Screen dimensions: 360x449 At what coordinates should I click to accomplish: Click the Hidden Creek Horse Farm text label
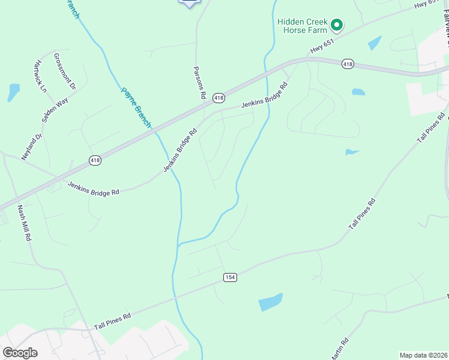302,26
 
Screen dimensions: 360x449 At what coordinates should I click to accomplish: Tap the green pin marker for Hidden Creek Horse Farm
337,25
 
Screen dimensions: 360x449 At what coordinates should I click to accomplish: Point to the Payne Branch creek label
136,107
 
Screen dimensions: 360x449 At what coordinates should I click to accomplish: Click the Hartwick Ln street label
41,76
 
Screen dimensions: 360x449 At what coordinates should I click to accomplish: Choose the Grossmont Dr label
65,71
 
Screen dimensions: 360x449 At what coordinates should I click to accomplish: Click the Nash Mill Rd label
23,223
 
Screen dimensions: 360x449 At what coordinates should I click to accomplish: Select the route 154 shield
230,277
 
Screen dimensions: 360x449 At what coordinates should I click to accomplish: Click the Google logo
20,352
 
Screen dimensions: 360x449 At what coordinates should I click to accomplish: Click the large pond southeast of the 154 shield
271,302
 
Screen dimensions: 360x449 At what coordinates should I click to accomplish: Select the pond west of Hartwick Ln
13,92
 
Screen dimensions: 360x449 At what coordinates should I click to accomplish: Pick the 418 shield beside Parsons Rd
218,98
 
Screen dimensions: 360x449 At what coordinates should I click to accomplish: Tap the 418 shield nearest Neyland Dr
95,160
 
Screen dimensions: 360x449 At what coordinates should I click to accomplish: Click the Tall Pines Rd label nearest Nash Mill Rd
112,322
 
